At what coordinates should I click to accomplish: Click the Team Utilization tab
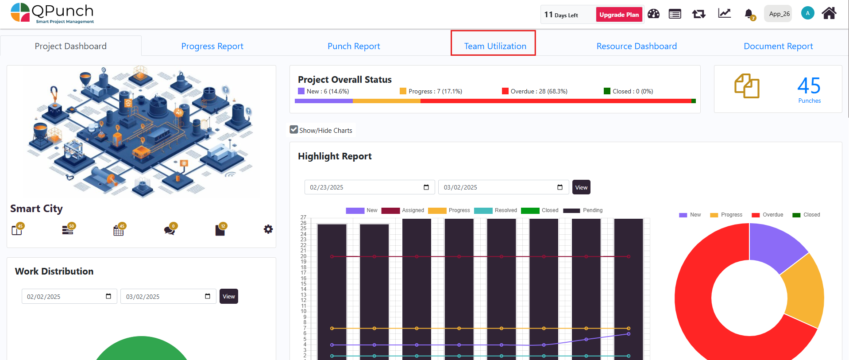[x=495, y=46]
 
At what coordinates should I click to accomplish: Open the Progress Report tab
[x=212, y=46]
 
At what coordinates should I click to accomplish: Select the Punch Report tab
[x=354, y=46]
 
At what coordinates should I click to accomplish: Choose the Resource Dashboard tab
[x=636, y=46]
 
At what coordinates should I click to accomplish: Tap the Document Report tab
[x=778, y=46]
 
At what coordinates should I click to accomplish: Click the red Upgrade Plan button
[x=619, y=15]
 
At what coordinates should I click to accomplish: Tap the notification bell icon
[x=749, y=14]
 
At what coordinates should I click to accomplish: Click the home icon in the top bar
[x=829, y=13]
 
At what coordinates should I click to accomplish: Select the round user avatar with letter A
[x=807, y=13]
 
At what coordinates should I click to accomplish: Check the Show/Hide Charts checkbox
[x=294, y=130]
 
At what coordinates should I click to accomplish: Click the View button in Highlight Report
[x=581, y=187]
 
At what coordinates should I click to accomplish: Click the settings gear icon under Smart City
[x=268, y=229]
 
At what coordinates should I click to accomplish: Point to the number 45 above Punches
[x=809, y=85]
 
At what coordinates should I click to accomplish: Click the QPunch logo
[x=52, y=13]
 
